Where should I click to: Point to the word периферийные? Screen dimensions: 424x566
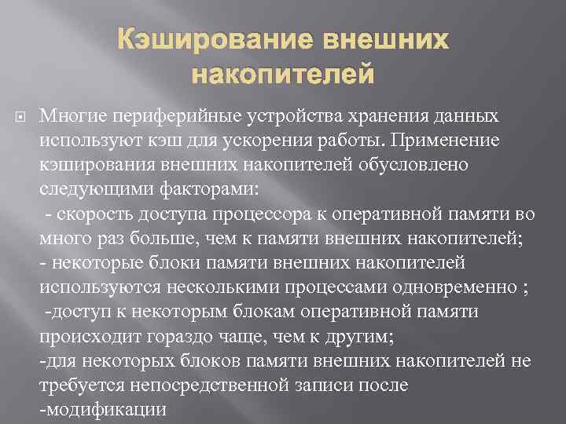click(x=170, y=116)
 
